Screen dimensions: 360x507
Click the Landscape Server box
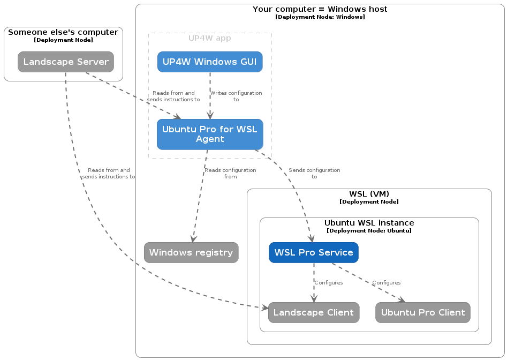tap(66, 62)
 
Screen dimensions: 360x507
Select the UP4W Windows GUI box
tap(210, 62)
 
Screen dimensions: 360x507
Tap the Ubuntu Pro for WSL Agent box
tap(210, 134)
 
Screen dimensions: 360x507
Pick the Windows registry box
tap(191, 252)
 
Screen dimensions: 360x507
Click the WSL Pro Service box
tap(314, 252)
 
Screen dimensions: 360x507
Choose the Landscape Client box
tap(314, 312)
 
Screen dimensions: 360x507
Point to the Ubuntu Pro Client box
tap(423, 312)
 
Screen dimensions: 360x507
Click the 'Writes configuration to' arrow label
tap(236, 96)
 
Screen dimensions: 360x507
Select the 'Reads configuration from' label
tap(230, 173)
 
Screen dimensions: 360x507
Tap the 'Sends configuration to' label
tap(314, 173)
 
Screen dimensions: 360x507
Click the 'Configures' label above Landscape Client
tap(329, 282)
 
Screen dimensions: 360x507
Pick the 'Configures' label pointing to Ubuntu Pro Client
tap(387, 282)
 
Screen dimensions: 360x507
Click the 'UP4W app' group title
tap(210, 38)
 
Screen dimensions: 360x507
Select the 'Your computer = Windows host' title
tap(320, 9)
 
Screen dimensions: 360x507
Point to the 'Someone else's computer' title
tap(63, 32)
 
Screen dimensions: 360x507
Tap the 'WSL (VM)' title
tap(369, 194)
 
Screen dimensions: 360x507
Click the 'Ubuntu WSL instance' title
tap(369, 223)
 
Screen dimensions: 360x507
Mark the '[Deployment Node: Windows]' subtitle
tap(320, 17)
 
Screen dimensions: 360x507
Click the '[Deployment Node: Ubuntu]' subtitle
tap(369, 231)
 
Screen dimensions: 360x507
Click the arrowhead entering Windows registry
tap(193, 239)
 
